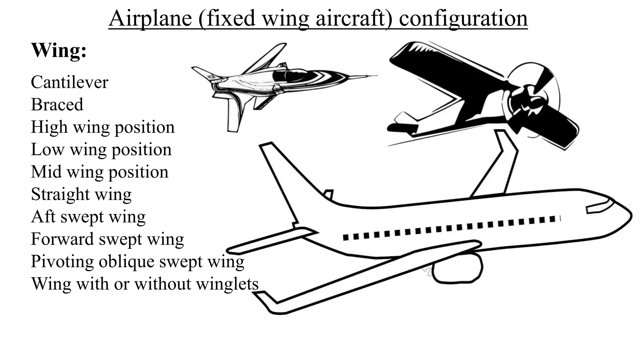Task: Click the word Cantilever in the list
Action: pyautogui.click(x=69, y=82)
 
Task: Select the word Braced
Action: pyautogui.click(x=57, y=105)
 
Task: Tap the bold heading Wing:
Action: pyautogui.click(x=59, y=50)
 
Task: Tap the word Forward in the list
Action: pyautogui.click(x=62, y=239)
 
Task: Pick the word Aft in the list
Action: pyautogui.click(x=43, y=217)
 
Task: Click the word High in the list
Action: pyautogui.click(x=49, y=127)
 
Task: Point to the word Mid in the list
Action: pyautogui.click(x=46, y=172)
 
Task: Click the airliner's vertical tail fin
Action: pyautogui.click(x=283, y=175)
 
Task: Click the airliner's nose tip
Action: pyautogui.click(x=629, y=216)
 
